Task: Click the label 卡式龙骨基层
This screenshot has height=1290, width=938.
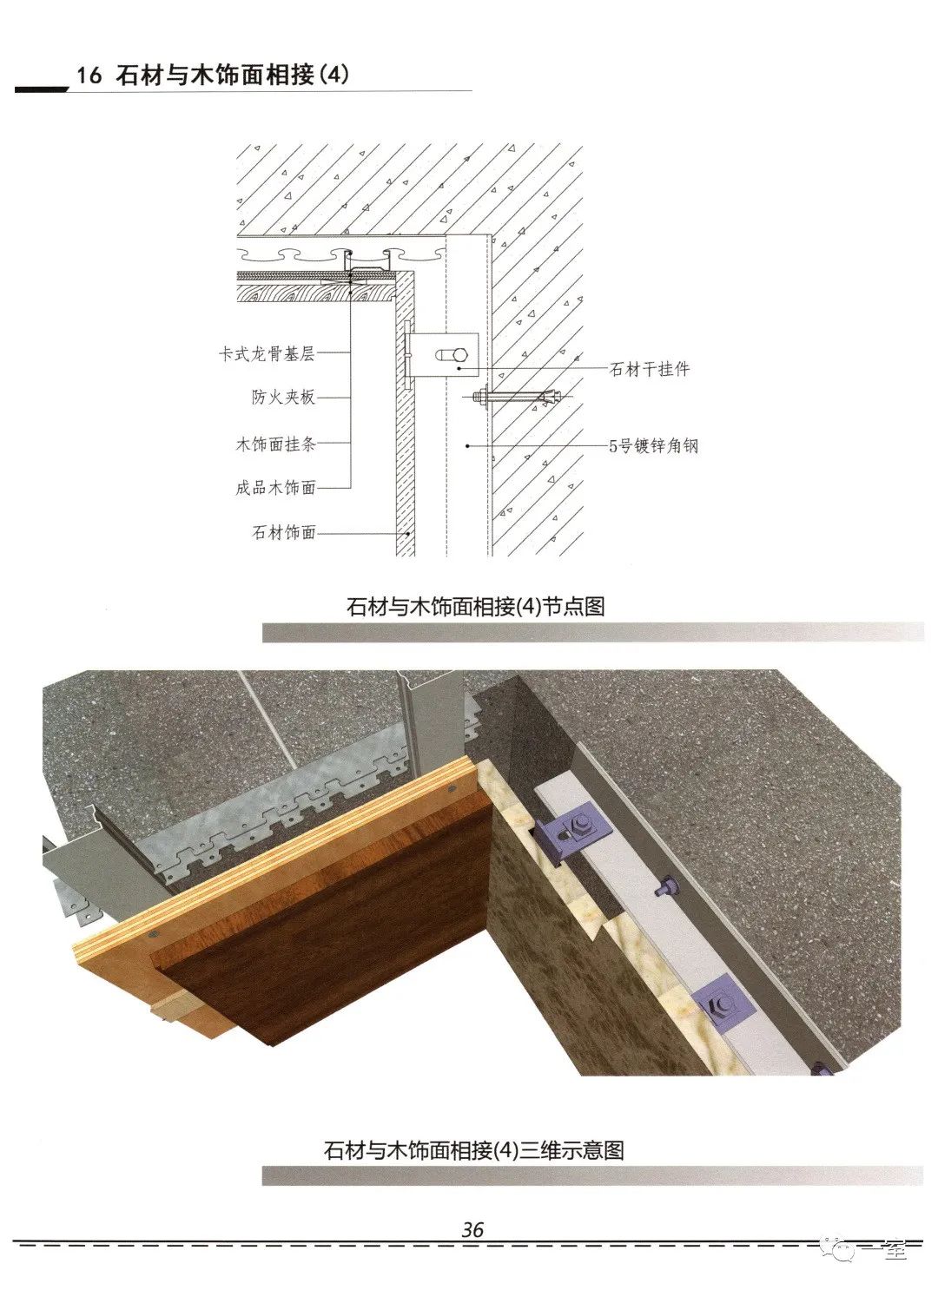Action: [x=267, y=353]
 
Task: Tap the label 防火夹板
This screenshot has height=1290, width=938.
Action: [x=283, y=397]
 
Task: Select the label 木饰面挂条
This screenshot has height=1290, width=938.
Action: [x=276, y=444]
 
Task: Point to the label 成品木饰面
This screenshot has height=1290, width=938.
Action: [x=275, y=487]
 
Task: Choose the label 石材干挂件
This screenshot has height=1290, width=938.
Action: [x=650, y=369]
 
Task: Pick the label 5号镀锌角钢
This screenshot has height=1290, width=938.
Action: [x=654, y=445]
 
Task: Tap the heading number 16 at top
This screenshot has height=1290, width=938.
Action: [x=89, y=76]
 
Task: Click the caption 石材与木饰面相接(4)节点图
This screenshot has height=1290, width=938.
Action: [x=475, y=606]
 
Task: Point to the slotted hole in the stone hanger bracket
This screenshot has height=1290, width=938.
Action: [x=452, y=355]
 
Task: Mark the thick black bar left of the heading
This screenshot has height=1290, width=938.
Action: [x=42, y=89]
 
